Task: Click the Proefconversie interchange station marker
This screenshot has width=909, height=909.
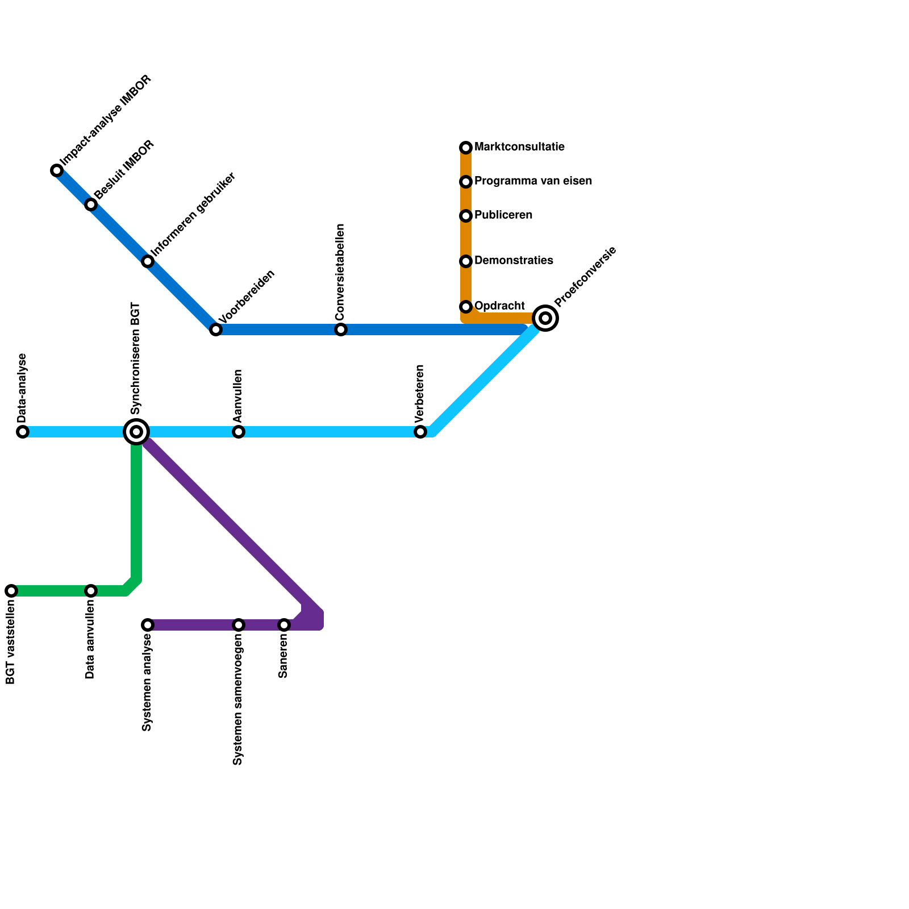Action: point(545,318)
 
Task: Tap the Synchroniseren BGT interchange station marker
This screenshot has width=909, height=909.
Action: point(136,432)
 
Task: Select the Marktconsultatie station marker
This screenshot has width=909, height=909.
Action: point(466,148)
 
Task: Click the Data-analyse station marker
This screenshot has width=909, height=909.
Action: point(23,432)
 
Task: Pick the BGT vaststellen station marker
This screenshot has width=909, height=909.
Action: point(11,591)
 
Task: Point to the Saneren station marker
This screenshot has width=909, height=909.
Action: point(284,625)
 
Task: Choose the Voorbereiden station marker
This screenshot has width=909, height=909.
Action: point(216,330)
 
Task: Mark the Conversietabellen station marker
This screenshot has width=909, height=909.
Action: point(341,330)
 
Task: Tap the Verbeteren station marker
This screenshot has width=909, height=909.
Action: point(420,432)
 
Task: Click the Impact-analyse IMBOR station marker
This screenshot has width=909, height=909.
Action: point(57,170)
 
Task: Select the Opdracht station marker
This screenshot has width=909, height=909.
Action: point(466,307)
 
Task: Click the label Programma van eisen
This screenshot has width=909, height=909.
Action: point(533,181)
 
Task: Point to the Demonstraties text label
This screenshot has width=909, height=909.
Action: point(514,261)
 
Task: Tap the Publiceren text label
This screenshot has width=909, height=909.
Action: point(503,215)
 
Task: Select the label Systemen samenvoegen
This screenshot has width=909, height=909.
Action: point(238,702)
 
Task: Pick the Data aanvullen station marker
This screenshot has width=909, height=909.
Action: point(91,591)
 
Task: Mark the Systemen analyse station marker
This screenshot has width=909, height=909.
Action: point(148,625)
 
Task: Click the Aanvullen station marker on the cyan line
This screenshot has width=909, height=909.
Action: point(239,432)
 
